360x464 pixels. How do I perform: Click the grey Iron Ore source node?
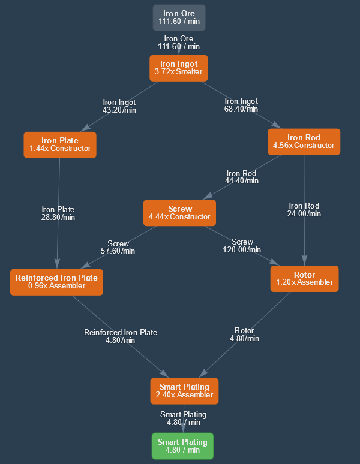[179, 17]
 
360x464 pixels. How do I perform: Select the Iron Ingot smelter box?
[178, 68]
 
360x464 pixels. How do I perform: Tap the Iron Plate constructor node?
[59, 144]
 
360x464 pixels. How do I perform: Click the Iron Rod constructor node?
[304, 141]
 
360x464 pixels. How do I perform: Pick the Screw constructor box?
[179, 213]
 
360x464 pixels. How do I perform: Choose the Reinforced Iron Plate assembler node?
[56, 282]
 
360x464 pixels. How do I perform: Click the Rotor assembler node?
[304, 279]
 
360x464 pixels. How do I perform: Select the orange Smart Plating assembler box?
[184, 391]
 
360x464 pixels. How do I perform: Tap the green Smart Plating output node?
[182, 446]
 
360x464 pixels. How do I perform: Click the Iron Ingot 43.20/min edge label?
[119, 106]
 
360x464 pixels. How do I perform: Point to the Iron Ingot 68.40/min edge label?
[241, 105]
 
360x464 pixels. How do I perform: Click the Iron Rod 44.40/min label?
[242, 177]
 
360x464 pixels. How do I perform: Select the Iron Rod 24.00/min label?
[304, 209]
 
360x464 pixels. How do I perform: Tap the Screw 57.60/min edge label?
[118, 247]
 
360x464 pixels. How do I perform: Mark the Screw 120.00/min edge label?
[242, 246]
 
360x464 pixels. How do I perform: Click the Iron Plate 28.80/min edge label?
[58, 213]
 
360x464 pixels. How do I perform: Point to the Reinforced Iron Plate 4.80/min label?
[121, 336]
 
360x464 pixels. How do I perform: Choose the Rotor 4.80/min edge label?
[244, 335]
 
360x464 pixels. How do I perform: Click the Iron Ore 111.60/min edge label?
[179, 43]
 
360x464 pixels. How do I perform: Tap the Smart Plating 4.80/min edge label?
[183, 418]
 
